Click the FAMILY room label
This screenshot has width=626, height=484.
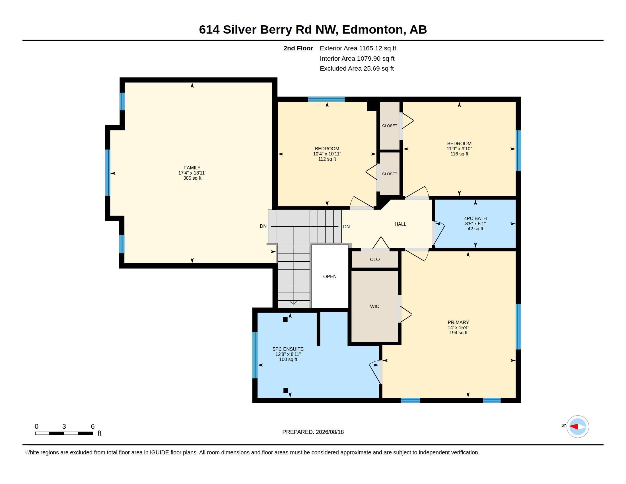coord(192,168)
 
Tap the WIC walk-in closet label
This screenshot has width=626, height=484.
coord(374,307)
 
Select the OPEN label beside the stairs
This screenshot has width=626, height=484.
coord(330,276)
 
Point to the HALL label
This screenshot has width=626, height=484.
coord(400,224)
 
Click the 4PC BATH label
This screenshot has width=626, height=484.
coord(475,218)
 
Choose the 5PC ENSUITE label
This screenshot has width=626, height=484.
coord(288,349)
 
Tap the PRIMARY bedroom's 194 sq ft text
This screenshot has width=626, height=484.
coord(458,333)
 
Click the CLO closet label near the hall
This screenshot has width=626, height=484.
coord(375,259)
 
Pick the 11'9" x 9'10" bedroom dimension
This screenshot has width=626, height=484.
coord(459,149)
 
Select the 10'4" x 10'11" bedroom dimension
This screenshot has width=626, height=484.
coord(327,154)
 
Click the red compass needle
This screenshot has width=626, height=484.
coord(574,427)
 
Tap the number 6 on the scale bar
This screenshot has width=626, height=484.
coord(92,426)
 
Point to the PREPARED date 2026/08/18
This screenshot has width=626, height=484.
coord(330,432)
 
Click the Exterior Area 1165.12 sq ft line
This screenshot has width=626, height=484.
coord(358,48)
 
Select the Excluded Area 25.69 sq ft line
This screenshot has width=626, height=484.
coord(357,69)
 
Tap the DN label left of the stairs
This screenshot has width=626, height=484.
coord(263,226)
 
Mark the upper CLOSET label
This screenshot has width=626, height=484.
coord(390,126)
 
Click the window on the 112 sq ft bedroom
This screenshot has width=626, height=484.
coord(326,99)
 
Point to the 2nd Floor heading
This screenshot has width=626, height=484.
coord(298,48)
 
